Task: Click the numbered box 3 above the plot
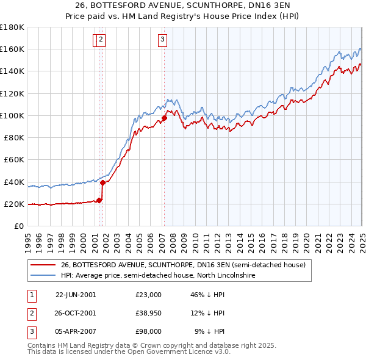(x=163, y=40)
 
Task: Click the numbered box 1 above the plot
(x=96, y=40)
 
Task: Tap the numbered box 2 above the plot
(x=101, y=40)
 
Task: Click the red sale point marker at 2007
(x=164, y=118)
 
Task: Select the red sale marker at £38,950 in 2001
(x=102, y=182)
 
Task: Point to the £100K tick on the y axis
(x=13, y=115)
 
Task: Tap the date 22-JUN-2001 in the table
(x=76, y=294)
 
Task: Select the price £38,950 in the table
(x=149, y=313)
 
